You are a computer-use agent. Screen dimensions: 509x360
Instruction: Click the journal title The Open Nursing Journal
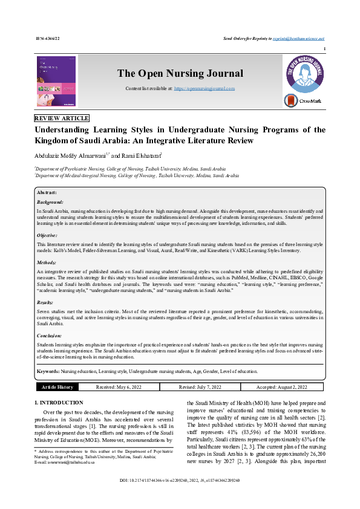coord(180,74)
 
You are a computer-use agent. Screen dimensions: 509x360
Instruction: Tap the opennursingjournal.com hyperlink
coord(205,89)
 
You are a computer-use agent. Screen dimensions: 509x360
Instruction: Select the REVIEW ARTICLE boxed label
coord(62,118)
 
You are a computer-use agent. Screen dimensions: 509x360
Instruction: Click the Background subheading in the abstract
coord(50,202)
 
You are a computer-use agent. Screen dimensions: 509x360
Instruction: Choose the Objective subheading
coord(48,235)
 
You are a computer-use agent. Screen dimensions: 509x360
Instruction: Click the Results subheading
coord(45,302)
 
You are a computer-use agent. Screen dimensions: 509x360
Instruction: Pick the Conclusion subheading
coord(50,334)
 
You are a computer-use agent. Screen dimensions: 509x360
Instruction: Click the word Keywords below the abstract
coord(48,371)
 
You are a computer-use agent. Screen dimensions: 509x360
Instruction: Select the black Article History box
coord(57,387)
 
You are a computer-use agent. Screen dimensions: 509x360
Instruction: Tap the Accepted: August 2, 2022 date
coord(281,387)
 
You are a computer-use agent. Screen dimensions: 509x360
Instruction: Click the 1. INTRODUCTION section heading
coord(59,402)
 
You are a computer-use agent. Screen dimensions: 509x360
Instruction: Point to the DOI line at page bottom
coord(180,496)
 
